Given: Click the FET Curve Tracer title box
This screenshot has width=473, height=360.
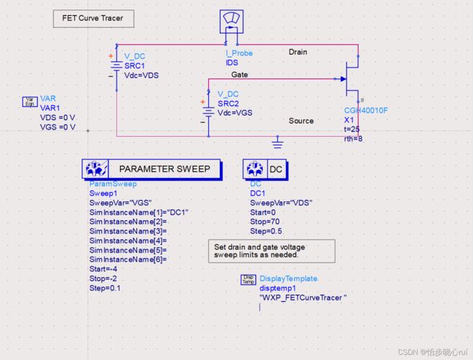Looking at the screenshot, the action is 94,19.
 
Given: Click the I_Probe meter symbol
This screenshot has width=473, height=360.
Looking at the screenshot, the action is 231,21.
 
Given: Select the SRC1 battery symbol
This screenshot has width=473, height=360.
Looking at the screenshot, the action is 116,66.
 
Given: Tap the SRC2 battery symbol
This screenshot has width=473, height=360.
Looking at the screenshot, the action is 208,111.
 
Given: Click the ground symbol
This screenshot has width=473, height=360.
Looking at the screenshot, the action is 277,143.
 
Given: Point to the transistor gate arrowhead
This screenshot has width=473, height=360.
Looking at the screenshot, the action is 343,79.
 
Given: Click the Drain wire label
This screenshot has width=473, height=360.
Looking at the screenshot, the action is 298,52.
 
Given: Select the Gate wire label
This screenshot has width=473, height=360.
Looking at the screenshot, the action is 239,74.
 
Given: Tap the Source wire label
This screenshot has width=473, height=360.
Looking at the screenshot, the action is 301,121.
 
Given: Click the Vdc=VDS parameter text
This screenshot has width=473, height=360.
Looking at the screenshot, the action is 141,76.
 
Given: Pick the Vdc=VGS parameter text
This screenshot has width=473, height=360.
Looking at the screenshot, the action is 235,113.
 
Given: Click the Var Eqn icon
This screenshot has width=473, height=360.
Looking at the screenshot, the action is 30,102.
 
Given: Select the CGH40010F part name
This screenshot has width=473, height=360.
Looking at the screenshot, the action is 366,111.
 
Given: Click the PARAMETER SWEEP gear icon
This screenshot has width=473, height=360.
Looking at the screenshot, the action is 95,169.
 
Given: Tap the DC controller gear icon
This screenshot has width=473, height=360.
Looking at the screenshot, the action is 255,169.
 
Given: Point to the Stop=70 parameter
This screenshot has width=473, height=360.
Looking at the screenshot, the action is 265,222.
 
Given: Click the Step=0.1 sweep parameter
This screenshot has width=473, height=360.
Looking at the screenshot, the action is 105,288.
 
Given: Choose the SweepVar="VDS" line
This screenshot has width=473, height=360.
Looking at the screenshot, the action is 281,203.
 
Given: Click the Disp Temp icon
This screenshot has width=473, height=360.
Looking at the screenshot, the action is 248,279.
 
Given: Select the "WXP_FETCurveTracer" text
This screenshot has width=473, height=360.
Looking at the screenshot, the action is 303,298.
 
